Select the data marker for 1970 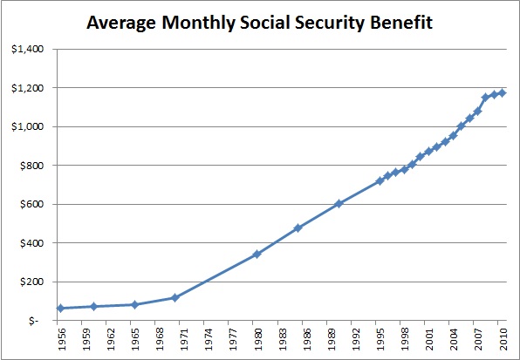175,298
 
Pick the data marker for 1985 298,228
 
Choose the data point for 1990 339,204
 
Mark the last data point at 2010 503,93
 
